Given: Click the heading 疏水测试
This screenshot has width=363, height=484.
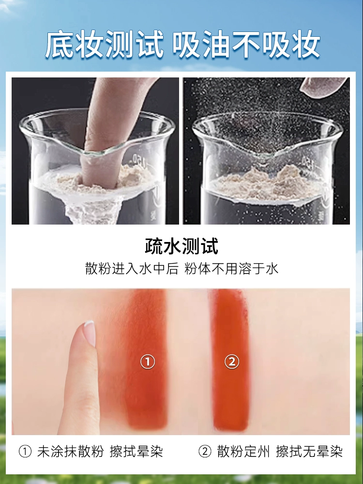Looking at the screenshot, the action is coord(181,246).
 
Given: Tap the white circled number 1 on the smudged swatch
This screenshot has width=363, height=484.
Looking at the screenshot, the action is coord(148,362).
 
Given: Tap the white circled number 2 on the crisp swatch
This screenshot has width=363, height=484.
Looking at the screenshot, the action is coord(232,361).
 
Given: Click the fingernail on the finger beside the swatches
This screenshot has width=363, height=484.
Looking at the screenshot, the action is coord(90,333).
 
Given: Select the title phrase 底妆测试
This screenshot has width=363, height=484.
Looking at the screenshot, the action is coord(105,44).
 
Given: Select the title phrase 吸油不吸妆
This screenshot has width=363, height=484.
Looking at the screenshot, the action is coord(246,44).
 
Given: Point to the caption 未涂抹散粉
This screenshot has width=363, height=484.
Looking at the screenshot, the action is coord(70,452).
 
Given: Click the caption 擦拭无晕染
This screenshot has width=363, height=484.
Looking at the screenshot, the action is coord(309,452).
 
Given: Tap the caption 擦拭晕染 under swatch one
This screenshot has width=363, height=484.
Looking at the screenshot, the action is coord(136,452).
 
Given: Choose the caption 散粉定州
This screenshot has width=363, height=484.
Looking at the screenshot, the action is coord(243,452).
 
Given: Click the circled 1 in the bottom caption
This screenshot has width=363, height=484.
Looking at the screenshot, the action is coord(25,452).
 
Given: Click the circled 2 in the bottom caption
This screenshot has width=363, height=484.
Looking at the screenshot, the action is coord(205,452).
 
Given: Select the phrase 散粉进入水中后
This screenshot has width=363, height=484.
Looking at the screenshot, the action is coord(132,269).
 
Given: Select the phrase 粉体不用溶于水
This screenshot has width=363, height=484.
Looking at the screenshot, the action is coord(231,269).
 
